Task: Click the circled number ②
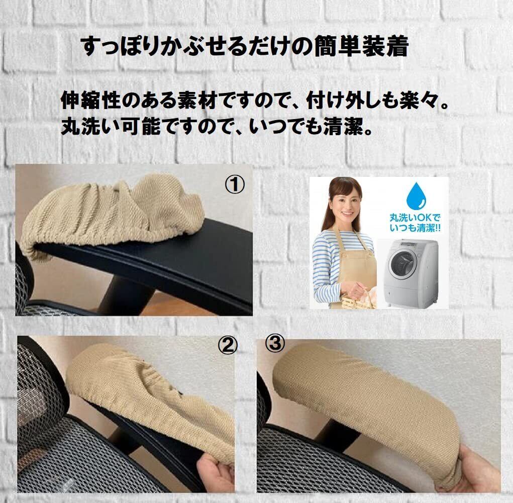coord(228,346)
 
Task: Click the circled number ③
coord(275,343)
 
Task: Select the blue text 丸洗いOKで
coord(414,218)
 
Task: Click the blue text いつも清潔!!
coord(415,228)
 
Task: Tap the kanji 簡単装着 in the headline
coord(362,46)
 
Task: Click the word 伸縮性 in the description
coord(89,101)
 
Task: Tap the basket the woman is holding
coord(359,300)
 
